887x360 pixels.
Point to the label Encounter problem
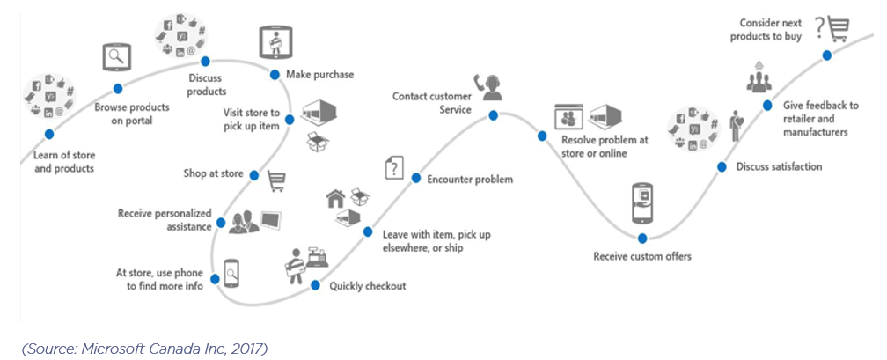coord(470,180)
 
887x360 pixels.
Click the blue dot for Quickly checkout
coord(315,284)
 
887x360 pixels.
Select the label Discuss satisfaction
coord(779,166)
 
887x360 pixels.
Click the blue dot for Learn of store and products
coord(49,134)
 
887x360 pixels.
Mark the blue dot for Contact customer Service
coord(493,115)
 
